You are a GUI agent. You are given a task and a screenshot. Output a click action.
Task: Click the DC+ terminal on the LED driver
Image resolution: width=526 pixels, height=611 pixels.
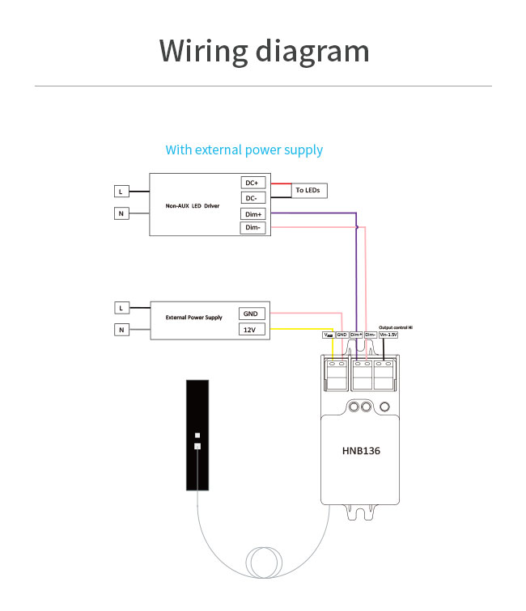[x=251, y=183]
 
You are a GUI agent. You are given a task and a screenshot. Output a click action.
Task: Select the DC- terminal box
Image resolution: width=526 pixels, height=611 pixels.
[x=251, y=198]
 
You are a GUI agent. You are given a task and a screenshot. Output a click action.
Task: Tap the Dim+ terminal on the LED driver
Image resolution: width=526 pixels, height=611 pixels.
[x=252, y=213]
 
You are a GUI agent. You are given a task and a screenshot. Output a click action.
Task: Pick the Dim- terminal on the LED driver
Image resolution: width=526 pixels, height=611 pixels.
[x=252, y=228]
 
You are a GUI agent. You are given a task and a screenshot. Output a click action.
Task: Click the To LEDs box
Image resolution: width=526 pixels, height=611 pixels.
[x=308, y=191]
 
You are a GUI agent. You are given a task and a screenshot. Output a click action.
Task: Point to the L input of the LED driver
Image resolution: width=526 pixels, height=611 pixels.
[x=121, y=192]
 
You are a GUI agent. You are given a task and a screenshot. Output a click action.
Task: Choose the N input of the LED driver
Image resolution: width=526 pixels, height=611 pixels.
[x=121, y=213]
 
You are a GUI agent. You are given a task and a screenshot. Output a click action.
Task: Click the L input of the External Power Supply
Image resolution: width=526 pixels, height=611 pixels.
[x=121, y=308]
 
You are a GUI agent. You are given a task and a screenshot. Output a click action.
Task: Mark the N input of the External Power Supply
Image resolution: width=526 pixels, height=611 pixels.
[x=121, y=330]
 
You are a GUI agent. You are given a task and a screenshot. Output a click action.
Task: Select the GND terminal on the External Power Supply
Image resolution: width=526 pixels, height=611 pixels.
[x=252, y=314]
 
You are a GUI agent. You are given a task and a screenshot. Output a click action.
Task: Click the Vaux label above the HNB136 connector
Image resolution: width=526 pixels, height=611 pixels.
[x=328, y=334]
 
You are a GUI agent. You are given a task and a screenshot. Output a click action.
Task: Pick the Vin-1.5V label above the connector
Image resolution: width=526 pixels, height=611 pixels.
[x=388, y=334]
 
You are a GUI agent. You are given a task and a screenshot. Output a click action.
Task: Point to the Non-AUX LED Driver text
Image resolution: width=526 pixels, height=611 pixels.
[x=193, y=206]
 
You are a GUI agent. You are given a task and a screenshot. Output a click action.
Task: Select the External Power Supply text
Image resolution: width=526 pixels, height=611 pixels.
[x=193, y=318]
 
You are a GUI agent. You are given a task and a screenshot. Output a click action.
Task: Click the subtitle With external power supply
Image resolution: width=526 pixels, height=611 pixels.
[x=244, y=150]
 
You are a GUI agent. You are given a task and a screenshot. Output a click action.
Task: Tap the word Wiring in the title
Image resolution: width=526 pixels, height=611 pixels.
[x=203, y=50]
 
